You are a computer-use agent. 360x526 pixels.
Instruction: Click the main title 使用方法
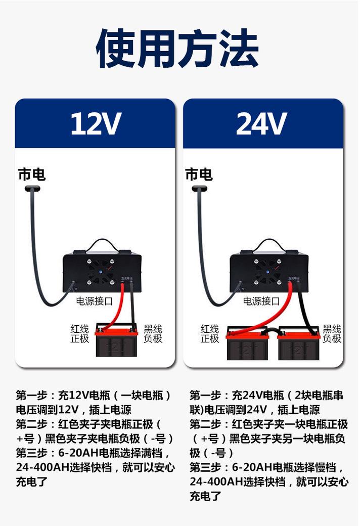178,49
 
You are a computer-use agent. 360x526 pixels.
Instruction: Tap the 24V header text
262,123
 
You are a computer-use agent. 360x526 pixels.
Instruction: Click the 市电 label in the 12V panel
32,174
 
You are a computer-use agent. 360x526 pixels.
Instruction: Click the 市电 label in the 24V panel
199,174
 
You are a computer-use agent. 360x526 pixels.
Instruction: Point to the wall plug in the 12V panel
33,189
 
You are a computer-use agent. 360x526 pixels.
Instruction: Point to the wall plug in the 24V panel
199,189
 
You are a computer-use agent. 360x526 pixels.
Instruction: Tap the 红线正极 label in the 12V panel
80,334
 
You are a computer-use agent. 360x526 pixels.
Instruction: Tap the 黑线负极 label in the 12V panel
153,334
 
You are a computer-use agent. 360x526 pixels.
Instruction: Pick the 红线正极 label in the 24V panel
210,334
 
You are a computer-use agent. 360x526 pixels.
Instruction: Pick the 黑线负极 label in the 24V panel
332,334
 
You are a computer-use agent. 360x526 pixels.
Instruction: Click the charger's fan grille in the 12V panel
97,271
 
